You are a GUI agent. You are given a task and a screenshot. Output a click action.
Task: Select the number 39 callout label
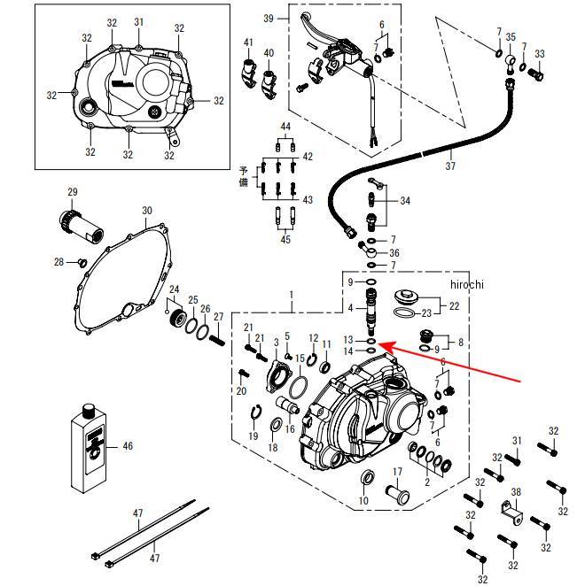pyautogui.click(x=269, y=18)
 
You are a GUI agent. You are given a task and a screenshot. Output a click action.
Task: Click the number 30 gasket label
pyautogui.click(x=147, y=211)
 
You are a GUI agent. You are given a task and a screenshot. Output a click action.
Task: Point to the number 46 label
pyautogui.click(x=128, y=447)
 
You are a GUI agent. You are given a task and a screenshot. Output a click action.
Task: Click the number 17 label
pyautogui.click(x=397, y=471)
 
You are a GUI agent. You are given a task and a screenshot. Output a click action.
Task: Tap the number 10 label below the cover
pyautogui.click(x=363, y=502)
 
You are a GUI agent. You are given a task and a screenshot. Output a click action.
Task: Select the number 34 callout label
pyautogui.click(x=405, y=201)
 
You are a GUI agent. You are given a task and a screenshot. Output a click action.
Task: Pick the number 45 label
pyautogui.click(x=285, y=239)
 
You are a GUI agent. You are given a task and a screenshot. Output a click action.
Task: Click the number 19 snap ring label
pyautogui.click(x=253, y=436)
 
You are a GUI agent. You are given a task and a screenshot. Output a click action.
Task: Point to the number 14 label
pyautogui.click(x=348, y=351)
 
